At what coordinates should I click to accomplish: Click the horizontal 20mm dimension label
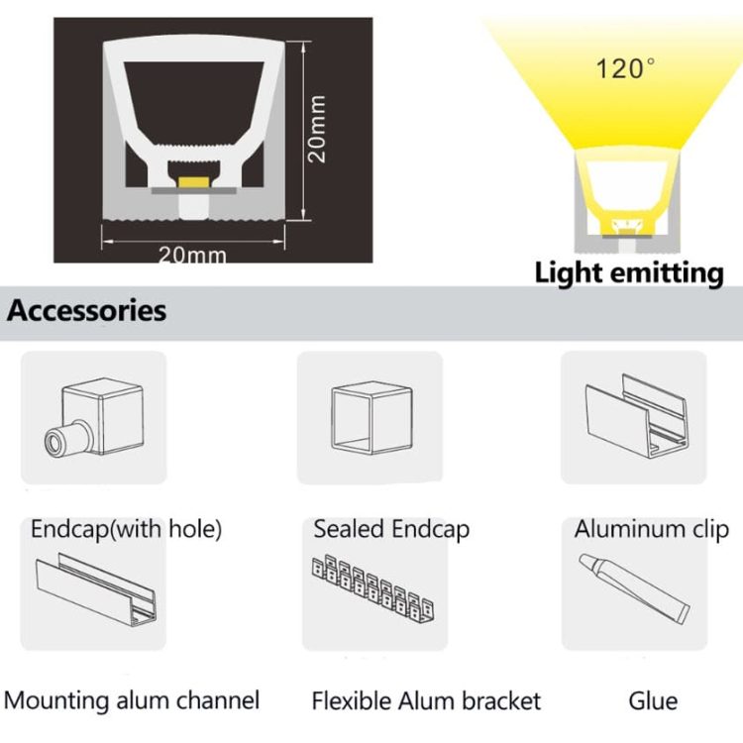point(192,255)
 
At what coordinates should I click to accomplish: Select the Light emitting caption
point(629,272)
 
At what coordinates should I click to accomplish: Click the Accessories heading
point(87,310)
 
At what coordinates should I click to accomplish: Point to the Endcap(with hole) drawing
point(92,417)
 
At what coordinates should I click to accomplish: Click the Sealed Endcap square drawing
point(370,417)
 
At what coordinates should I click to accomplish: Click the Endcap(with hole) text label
point(126,528)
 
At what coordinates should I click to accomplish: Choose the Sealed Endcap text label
point(391,528)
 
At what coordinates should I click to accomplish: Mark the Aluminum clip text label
point(651,528)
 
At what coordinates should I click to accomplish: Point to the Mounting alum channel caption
point(132,701)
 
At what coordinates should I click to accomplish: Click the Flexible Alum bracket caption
point(426,701)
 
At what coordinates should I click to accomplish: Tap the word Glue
point(653,701)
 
